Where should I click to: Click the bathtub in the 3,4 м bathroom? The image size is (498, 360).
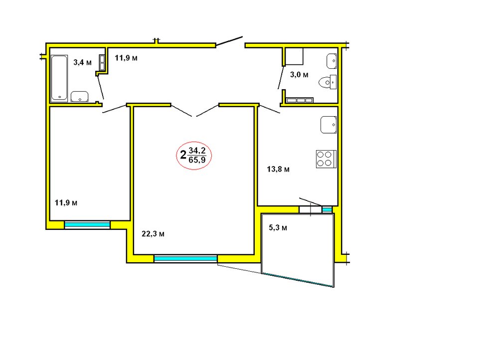pos(59,78)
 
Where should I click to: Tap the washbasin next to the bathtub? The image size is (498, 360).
pos(79,97)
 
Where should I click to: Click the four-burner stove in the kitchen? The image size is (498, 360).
pos(326,159)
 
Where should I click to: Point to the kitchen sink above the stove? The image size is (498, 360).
pos(329,125)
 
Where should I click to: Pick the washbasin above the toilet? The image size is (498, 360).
pos(332,61)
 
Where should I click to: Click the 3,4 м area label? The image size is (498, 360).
pos(83,62)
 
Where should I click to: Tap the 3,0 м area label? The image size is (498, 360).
pos(299,75)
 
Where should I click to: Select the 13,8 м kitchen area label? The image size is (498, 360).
pos(278,169)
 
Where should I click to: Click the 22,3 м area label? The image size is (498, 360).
pos(153,234)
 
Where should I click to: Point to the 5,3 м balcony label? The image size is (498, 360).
pos(278,227)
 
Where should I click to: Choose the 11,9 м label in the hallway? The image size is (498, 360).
pos(126,58)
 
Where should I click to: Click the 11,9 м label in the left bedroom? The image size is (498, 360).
pos(66,203)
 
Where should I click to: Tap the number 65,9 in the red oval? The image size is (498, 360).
pos(197,160)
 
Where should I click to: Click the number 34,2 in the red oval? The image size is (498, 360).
pos(197,150)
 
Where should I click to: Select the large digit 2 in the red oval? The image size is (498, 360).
pos(183,155)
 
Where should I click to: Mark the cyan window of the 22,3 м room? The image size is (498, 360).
pos(185,259)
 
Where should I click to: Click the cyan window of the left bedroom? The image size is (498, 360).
pos(87,225)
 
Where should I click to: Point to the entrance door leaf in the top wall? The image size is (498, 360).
pos(229,41)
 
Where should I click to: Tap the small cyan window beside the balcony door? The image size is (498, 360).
pos(327,209)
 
